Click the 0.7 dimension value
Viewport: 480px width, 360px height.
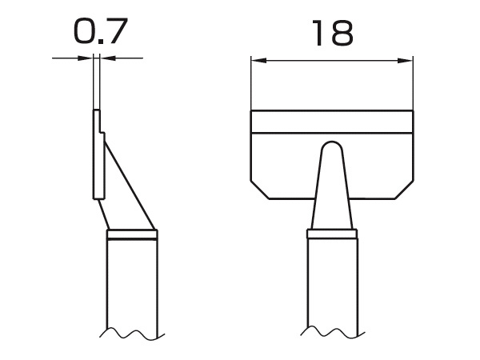point(101,31)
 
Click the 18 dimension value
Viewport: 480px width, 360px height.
point(332,33)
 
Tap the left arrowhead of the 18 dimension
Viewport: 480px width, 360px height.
point(259,61)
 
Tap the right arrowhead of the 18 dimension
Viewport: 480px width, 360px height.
point(405,61)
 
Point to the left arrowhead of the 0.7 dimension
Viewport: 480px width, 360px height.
point(86,58)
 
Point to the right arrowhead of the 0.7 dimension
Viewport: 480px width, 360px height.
point(107,58)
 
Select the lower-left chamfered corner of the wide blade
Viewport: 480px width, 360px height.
point(260,190)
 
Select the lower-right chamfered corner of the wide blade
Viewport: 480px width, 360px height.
point(405,190)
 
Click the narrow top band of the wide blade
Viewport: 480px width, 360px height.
point(332,122)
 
